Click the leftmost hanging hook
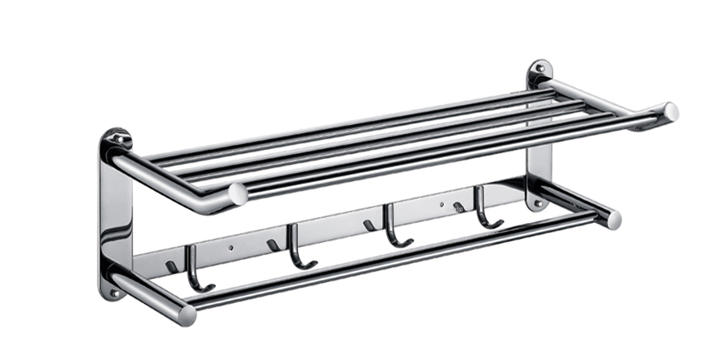tap(195, 269)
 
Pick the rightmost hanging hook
tap(483, 206)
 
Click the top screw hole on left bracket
tap(117, 139)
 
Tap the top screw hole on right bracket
tap(539, 69)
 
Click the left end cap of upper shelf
tap(237, 193)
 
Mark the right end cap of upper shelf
tap(669, 112)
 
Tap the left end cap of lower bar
tap(186, 314)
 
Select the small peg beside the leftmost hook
tap(172, 265)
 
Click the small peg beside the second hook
tap(273, 245)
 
